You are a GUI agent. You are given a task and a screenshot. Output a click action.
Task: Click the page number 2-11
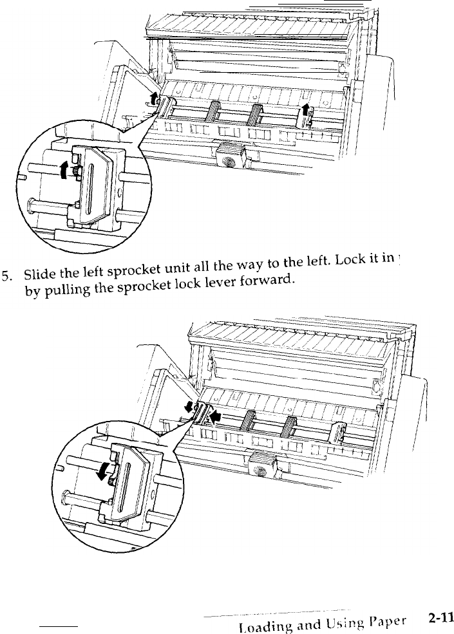coord(440,618)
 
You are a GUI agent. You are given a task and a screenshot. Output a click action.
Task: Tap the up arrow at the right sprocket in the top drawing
coord(305,106)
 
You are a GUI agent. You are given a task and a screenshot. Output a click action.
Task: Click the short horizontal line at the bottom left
coord(59,626)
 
